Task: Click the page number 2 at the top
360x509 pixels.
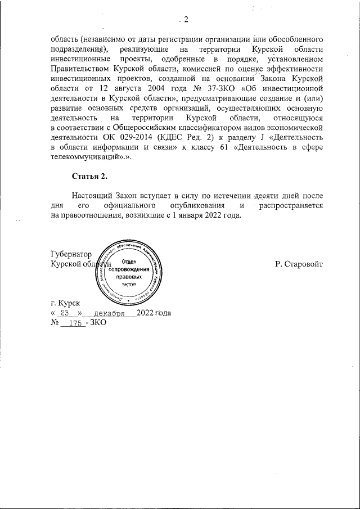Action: (186, 21)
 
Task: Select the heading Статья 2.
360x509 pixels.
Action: (89, 177)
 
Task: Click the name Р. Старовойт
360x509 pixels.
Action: (299, 263)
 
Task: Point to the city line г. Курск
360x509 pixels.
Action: (65, 303)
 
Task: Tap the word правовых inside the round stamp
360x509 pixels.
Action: (129, 277)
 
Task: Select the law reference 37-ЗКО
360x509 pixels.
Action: (213, 88)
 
